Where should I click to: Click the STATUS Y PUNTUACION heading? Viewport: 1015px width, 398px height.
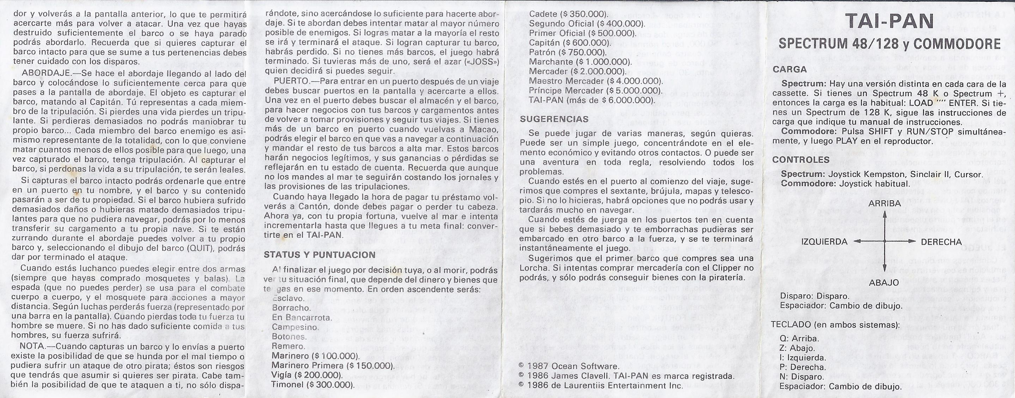click(320, 255)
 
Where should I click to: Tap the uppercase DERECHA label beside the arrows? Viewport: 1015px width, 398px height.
click(941, 242)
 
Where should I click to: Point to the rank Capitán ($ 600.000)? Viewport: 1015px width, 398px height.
click(570, 43)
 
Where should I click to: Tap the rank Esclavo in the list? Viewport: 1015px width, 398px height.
click(288, 299)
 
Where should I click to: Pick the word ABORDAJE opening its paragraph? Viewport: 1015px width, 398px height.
click(38, 74)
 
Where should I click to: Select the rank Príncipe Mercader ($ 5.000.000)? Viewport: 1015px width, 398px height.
click(595, 91)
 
